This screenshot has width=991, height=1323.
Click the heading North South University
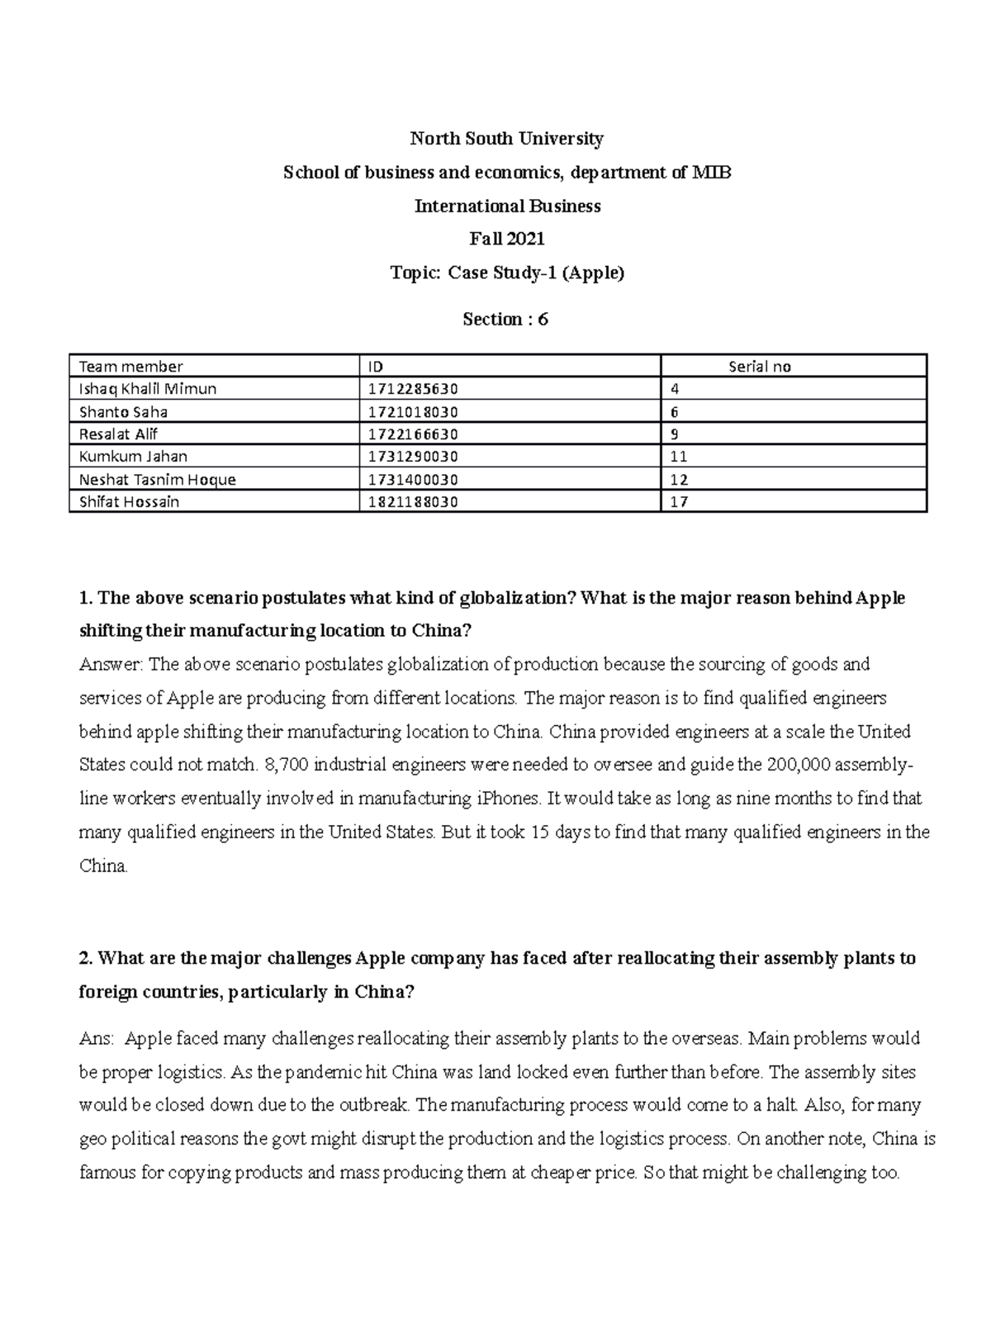[x=507, y=139]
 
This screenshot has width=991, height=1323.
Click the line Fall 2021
[x=507, y=239]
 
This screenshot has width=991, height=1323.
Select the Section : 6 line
[x=505, y=320]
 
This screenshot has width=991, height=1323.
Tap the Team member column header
[x=130, y=367]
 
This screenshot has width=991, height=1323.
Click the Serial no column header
[x=760, y=367]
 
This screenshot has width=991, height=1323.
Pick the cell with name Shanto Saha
[x=123, y=412]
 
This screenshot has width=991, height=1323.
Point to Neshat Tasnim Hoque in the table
[x=157, y=480]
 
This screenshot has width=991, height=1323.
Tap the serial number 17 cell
[x=679, y=502]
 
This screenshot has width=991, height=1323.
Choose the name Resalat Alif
[x=118, y=434]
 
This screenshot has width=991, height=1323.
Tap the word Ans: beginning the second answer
[x=97, y=1039]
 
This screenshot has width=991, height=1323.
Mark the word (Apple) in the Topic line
[x=593, y=273]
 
